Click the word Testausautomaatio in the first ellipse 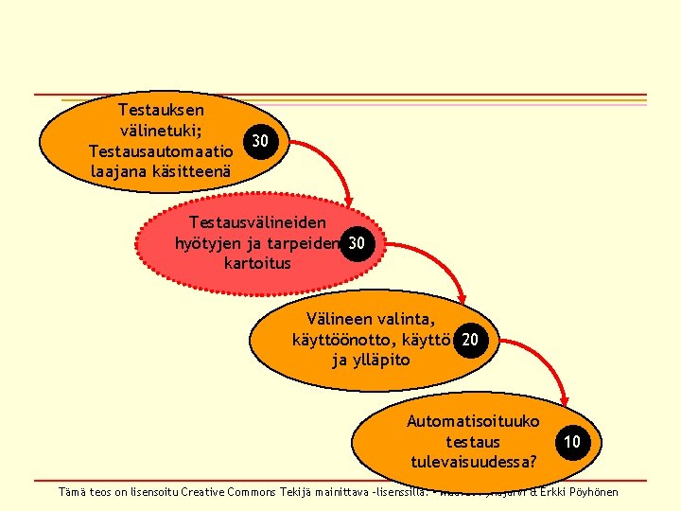[x=160, y=151]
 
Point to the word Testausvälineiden [x=257, y=221]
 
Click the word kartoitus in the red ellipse [x=257, y=262]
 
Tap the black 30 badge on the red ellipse [x=356, y=242]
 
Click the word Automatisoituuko [x=473, y=421]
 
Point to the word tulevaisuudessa [x=470, y=462]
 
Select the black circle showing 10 [x=572, y=442]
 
